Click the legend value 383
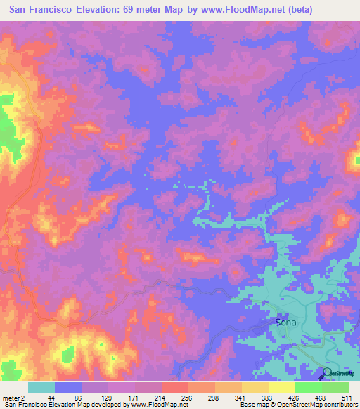pyautogui.click(x=269, y=398)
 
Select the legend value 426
pyautogui.click(x=295, y=398)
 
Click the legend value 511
pyautogui.click(x=347, y=398)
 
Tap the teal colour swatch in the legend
pyautogui.click(x=41, y=387)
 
